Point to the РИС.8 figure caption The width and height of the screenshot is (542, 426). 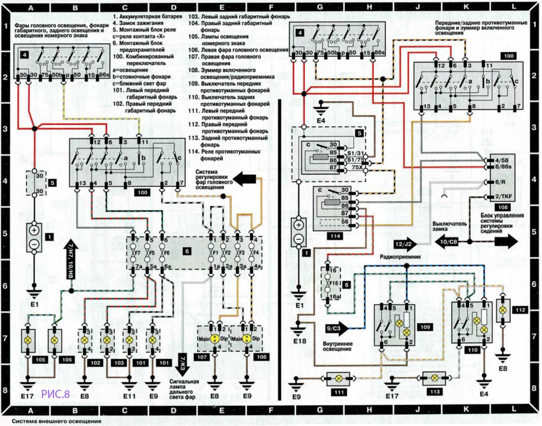(x=56, y=394)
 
